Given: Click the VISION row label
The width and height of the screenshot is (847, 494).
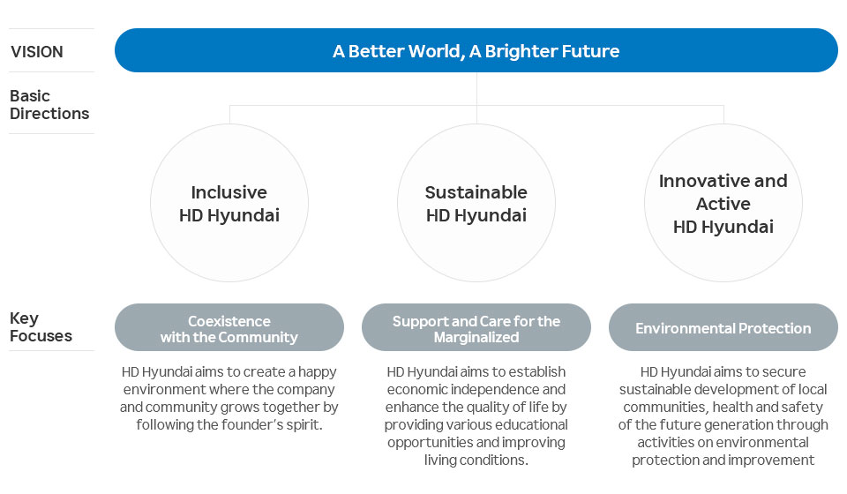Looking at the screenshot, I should coord(37,52).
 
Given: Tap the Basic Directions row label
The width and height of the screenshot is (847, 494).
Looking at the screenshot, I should coord(49,104).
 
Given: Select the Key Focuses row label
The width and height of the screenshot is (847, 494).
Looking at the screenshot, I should coord(41,326).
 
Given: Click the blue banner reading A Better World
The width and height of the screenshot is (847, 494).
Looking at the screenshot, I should coord(476,50).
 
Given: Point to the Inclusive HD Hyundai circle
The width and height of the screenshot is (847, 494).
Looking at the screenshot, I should coord(229,204).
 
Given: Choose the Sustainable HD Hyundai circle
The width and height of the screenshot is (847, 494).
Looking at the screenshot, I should coord(476,204).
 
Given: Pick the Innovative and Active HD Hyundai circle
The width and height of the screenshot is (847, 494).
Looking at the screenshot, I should coord(723,204).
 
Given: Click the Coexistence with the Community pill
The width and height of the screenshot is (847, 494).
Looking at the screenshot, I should coord(229,328).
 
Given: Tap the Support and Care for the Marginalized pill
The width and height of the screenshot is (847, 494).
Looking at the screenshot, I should coord(476,328).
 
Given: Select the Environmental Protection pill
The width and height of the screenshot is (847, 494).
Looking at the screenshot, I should coord(723,328).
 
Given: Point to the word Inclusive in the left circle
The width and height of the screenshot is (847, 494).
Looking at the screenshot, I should coord(229,192).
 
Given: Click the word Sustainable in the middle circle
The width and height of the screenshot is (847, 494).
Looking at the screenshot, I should coord(476,192).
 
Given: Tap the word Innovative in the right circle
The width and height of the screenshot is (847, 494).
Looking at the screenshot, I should coord(694,181).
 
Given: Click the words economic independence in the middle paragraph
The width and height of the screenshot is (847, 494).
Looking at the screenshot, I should coord(476,389).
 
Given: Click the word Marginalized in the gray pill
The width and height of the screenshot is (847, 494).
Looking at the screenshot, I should coord(476,337).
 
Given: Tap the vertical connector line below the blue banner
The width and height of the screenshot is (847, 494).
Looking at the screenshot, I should coord(476,88).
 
